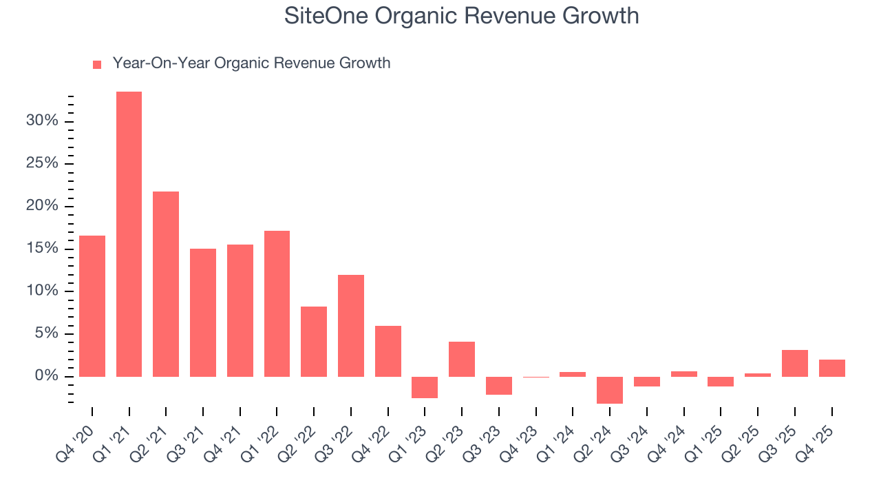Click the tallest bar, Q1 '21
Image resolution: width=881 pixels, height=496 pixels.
[129, 234]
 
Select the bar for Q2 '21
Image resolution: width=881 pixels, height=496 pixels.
[166, 284]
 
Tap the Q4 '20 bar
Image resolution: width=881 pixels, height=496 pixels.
[92, 306]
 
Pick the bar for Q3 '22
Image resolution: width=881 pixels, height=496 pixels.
[351, 326]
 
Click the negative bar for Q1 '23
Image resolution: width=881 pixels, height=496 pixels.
[425, 387]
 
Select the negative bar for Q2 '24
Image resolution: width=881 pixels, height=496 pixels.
[610, 390]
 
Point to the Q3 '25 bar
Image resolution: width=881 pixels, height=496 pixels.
[795, 363]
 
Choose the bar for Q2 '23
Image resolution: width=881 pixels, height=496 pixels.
[462, 359]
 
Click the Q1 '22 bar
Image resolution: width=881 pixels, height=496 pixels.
[277, 304]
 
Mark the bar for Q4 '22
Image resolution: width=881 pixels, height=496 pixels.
[388, 351]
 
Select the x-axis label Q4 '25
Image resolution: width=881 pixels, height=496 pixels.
[822, 438]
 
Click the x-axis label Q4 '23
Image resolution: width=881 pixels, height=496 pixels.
[527, 438]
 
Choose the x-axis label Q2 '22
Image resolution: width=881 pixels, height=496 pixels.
[304, 438]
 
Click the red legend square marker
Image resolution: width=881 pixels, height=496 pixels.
[97, 65]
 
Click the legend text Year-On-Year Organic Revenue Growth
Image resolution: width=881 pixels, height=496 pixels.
[251, 63]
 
